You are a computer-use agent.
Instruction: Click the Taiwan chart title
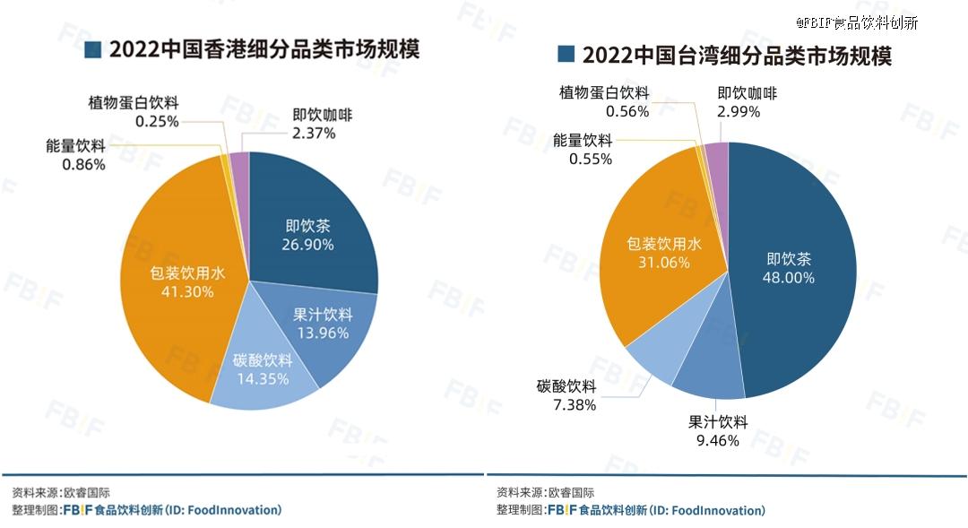[x=736, y=55]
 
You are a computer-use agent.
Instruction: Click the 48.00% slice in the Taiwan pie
[x=789, y=269]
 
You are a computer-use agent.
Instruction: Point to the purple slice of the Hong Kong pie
[x=240, y=161]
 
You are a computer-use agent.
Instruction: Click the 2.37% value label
[x=314, y=134]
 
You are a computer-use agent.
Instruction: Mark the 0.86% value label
[x=83, y=165]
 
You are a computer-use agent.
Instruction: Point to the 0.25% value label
[x=158, y=120]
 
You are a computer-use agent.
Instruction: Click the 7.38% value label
[x=566, y=404]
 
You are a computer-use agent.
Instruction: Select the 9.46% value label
[x=717, y=440]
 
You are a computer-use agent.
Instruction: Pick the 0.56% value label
[x=627, y=111]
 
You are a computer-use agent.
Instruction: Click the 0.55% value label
[x=590, y=159]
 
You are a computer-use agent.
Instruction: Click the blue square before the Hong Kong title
[x=92, y=49]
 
